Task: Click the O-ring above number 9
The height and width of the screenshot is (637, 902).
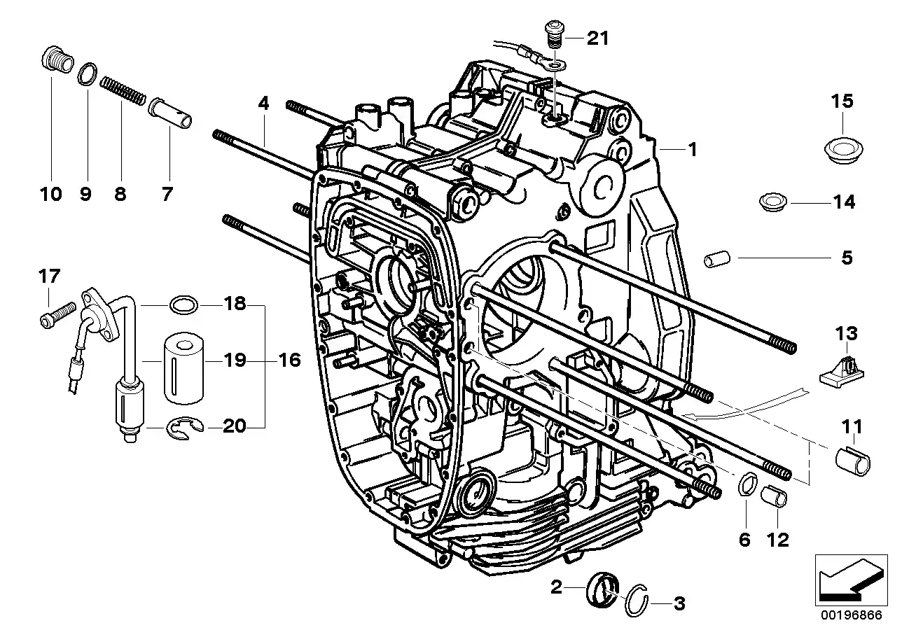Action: click(87, 72)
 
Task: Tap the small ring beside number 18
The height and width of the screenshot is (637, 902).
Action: click(181, 305)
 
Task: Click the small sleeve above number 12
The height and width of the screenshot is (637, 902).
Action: click(775, 498)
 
